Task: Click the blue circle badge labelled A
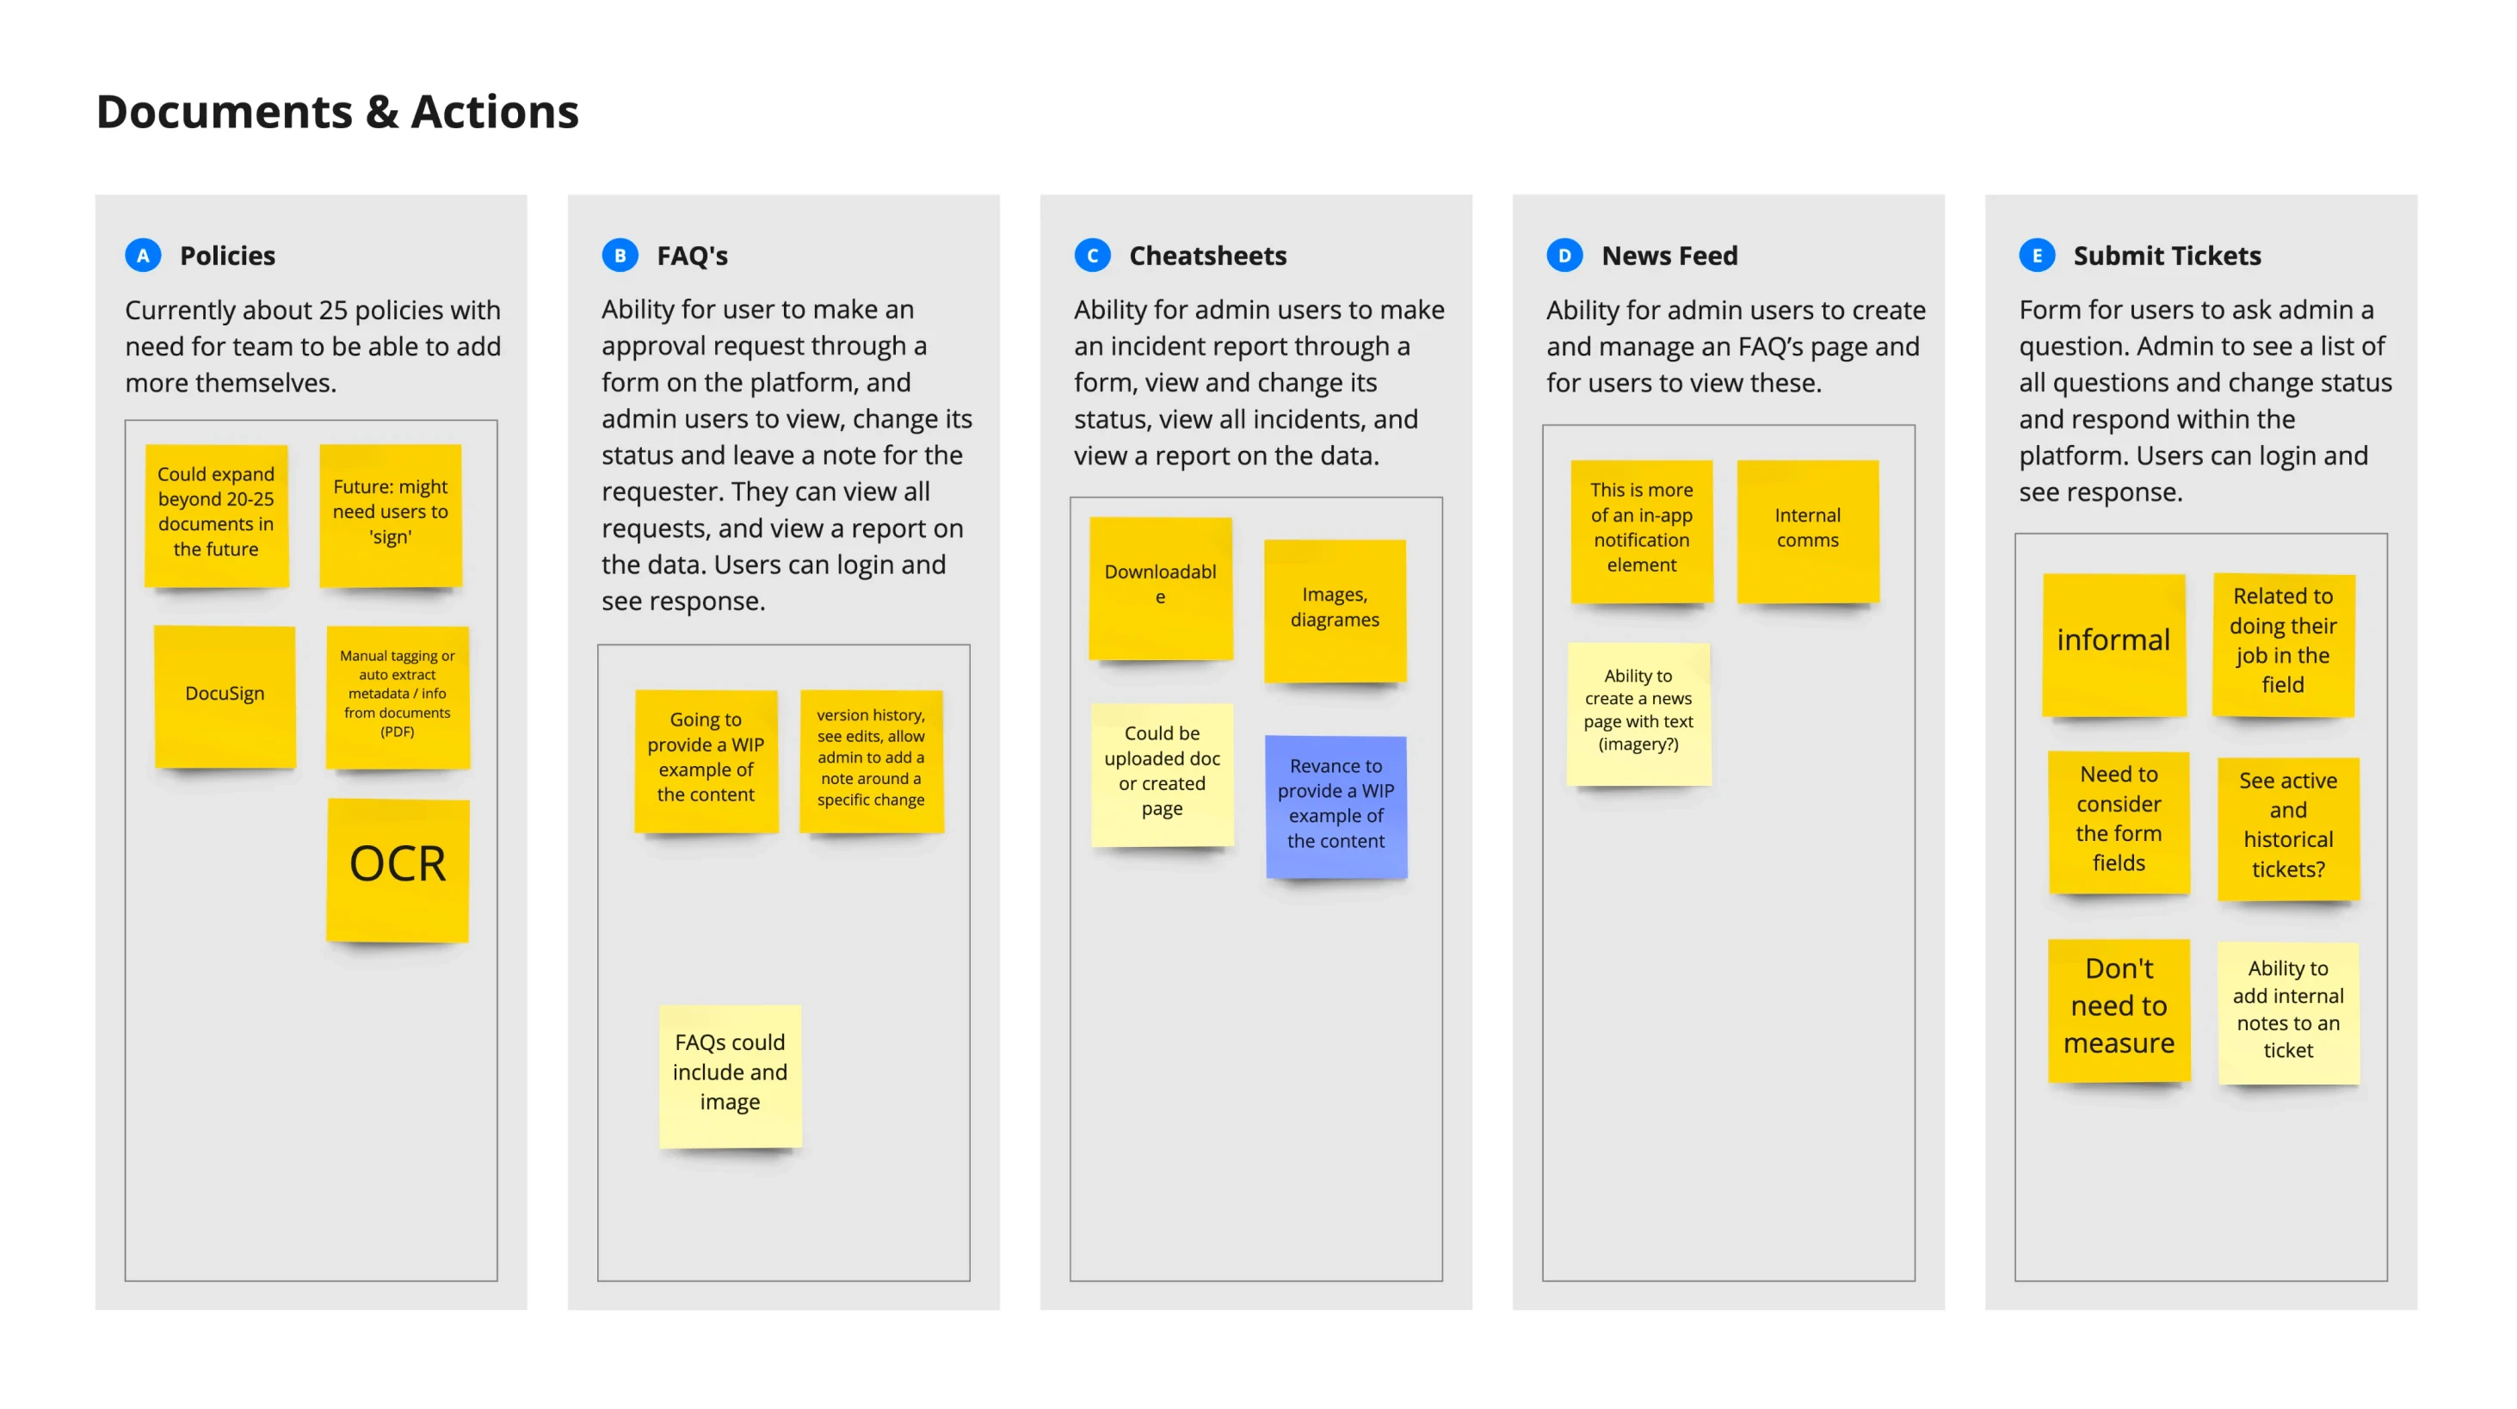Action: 143,256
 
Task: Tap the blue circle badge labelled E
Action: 2036,256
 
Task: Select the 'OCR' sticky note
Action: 398,868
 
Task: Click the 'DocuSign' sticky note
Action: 225,695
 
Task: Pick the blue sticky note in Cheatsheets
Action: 1336,805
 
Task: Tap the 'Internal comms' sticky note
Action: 1807,529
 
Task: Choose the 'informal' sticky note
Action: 2113,643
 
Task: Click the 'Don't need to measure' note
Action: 2119,1009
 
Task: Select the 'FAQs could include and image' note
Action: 730,1074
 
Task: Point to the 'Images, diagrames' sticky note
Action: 1335,609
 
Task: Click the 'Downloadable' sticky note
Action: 1160,586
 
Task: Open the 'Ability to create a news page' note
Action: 1638,711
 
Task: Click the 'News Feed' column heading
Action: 1669,256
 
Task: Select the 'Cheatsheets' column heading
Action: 1206,256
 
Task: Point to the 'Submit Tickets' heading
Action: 2166,256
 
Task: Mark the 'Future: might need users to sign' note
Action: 390,514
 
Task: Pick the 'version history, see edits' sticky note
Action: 871,759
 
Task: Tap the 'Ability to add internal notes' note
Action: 2287,1011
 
